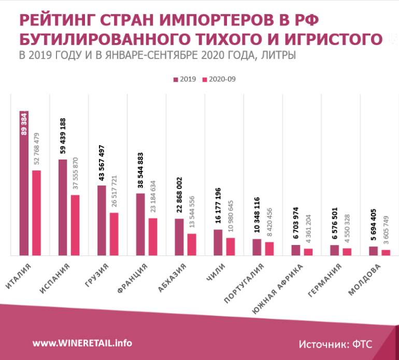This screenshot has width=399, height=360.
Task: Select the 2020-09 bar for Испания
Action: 75,225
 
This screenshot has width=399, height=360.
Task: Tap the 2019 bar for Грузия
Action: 102,220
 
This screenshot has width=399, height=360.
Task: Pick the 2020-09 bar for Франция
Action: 153,236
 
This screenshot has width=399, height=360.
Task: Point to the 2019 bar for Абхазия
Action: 179,237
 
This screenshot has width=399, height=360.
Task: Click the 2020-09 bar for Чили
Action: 231,246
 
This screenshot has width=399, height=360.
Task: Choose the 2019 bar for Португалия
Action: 256,247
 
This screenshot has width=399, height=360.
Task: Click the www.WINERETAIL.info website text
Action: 82,343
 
